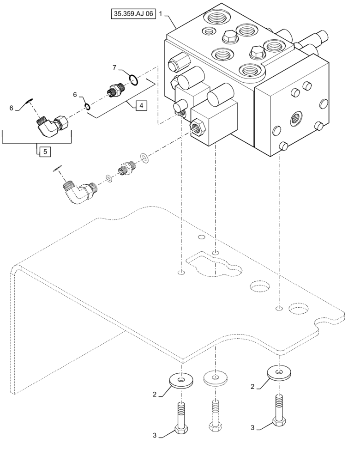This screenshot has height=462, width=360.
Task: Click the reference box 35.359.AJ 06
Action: coord(133,15)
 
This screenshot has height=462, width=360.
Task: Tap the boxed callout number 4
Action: coord(141,106)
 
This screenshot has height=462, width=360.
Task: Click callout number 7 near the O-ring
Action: coord(114,67)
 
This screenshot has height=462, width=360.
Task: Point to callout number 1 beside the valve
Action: coord(161,15)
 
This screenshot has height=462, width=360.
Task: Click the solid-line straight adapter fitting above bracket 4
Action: coord(114,90)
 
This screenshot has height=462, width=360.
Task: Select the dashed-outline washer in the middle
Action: coord(214,378)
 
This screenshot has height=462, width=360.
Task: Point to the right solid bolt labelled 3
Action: coord(278,408)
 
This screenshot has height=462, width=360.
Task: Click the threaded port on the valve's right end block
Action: coord(294,119)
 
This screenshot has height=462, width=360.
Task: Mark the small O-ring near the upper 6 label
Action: coord(87,107)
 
